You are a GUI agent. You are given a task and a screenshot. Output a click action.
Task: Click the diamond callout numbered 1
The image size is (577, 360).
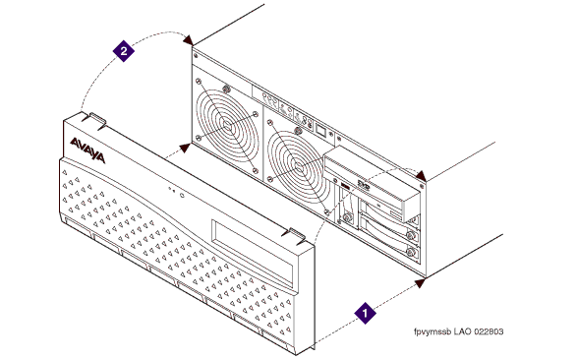tap(365, 313)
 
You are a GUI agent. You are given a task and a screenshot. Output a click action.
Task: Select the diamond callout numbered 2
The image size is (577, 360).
tap(124, 51)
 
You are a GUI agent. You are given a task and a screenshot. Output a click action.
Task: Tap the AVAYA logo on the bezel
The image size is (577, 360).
tap(87, 150)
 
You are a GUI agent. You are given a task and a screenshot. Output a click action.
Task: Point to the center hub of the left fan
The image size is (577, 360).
tap(226, 127)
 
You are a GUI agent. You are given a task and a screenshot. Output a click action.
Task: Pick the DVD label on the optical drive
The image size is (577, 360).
tap(364, 184)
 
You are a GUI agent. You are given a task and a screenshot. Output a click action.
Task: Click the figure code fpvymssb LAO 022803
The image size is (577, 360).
tap(458, 331)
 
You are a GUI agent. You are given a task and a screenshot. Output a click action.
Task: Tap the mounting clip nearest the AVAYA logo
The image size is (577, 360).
tap(93, 120)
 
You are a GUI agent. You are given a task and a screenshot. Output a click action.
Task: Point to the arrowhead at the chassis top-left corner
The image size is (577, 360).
tap(188, 39)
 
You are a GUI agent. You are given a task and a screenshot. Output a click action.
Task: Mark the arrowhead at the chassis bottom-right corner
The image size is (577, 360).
tap(420, 282)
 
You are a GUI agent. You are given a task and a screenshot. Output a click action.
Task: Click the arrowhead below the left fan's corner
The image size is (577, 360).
tap(185, 148)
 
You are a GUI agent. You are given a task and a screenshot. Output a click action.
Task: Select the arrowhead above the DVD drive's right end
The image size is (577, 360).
tap(421, 176)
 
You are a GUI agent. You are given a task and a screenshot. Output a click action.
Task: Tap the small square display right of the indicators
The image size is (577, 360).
tap(320, 130)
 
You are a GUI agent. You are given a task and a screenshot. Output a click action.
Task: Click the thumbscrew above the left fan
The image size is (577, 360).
tap(226, 89)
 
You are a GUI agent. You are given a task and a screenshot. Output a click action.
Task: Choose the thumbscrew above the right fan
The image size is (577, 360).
tap(299, 130)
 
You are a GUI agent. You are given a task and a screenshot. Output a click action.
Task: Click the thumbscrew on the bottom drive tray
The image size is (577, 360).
tap(411, 252)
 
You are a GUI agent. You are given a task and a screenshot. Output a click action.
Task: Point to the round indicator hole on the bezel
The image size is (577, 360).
tap(182, 195)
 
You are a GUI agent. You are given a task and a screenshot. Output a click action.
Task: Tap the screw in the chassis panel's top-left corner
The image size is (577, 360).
tap(196, 56)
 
